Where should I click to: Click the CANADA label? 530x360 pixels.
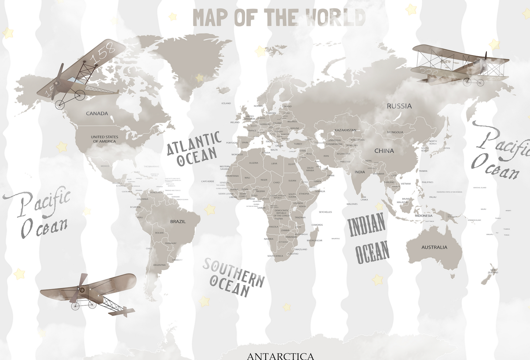(97, 114)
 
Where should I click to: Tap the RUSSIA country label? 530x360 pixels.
(399, 106)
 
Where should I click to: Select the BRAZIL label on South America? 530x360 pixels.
(178, 222)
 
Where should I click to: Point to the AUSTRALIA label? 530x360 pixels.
(434, 247)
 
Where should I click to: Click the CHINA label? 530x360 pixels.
(384, 151)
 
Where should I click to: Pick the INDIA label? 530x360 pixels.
(359, 172)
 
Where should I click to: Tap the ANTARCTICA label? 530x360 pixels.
(281, 356)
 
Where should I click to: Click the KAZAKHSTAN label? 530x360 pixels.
(345, 130)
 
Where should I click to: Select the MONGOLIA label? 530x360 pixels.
(395, 132)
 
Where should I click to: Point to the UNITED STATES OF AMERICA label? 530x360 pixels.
(105, 139)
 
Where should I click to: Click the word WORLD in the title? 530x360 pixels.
(336, 18)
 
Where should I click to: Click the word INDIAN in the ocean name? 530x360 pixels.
(366, 224)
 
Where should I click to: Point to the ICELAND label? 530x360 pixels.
(226, 103)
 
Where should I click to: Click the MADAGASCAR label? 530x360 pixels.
(314, 241)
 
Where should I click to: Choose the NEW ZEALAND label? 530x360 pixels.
(493, 272)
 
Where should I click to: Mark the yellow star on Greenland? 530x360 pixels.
(200, 78)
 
